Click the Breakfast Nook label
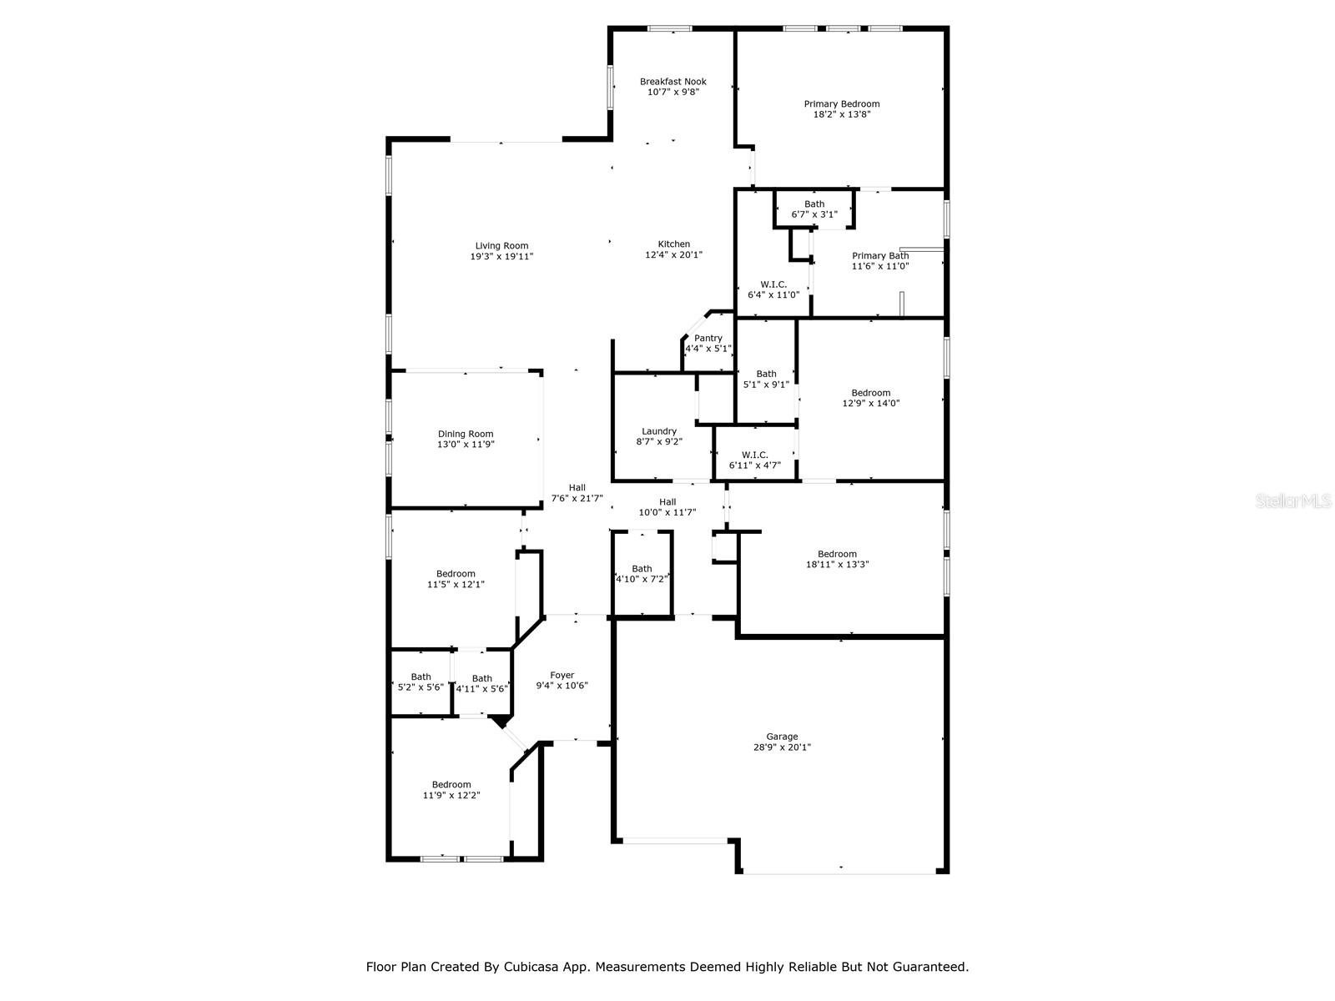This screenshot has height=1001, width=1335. point(673,82)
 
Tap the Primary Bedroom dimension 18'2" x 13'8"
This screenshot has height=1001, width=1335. point(841,115)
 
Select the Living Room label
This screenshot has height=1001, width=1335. point(501,246)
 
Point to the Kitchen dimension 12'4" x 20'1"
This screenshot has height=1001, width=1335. point(673,255)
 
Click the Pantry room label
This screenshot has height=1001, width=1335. point(708,338)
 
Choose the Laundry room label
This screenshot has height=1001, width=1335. point(659,431)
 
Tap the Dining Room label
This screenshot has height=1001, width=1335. point(466,434)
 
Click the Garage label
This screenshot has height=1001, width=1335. point(782,737)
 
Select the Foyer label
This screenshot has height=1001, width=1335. point(562,676)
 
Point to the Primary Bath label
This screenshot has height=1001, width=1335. point(880,256)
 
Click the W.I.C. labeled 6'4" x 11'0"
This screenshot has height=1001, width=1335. point(773,284)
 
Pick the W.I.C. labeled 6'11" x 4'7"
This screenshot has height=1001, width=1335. point(754,455)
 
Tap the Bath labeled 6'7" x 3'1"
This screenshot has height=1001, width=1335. point(814,204)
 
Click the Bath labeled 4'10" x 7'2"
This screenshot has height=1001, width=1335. point(642,569)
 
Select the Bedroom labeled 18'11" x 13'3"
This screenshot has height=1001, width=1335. point(837,554)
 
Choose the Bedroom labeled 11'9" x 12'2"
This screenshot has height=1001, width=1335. point(451,784)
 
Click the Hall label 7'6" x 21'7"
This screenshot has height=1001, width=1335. point(577,488)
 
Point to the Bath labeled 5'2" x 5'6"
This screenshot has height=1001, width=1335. point(421,677)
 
